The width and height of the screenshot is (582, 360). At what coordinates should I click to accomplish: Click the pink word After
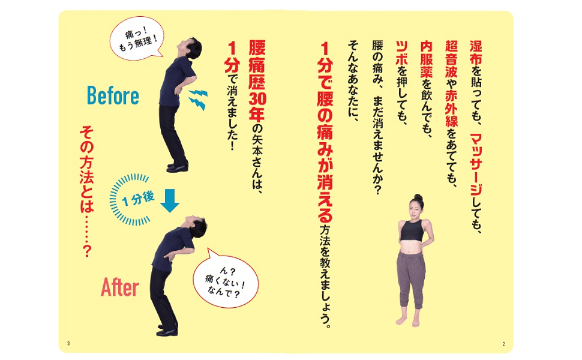click(x=120, y=287)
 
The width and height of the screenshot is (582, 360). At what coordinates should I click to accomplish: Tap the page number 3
click(x=69, y=343)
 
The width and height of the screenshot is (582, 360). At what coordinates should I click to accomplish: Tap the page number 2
click(x=503, y=343)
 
